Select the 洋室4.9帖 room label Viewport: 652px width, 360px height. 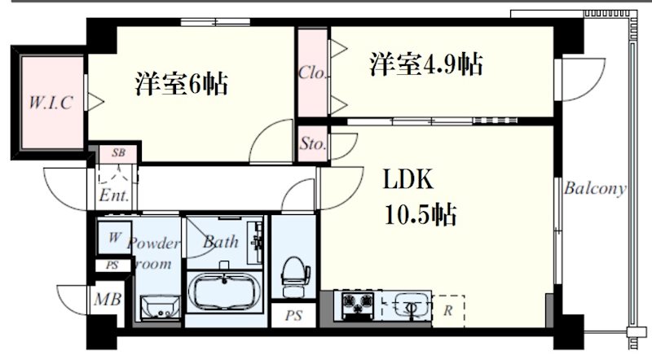tap(426, 64)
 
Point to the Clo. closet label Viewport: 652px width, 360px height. tap(313, 72)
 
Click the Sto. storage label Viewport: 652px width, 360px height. tap(313, 145)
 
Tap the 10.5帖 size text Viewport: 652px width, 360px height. tap(419, 215)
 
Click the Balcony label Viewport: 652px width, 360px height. tap(595, 190)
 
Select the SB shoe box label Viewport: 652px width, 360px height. tap(119, 153)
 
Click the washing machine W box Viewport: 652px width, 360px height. tap(113, 238)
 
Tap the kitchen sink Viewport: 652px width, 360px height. tap(410, 305)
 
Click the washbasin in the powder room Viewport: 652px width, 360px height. tap(158, 308)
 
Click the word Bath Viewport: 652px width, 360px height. tap(220, 242)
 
